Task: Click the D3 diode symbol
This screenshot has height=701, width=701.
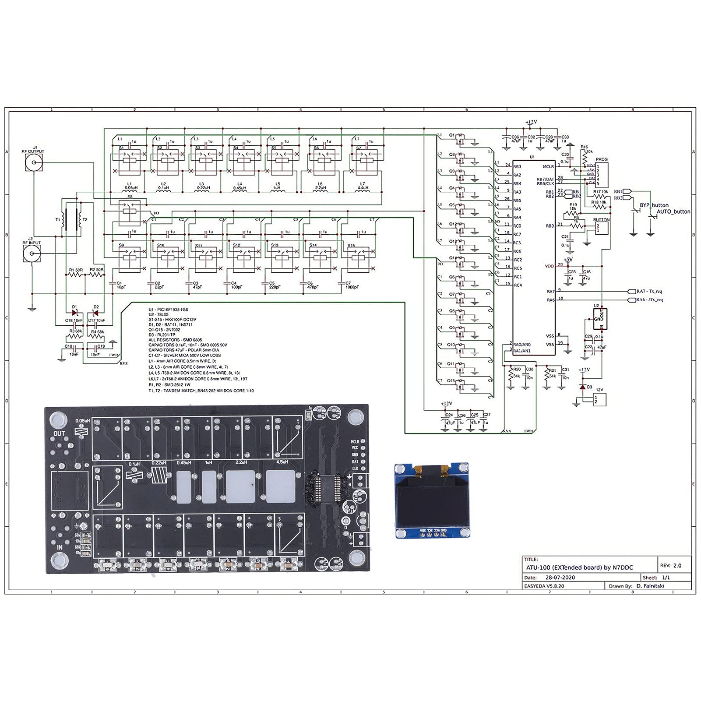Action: click(x=582, y=387)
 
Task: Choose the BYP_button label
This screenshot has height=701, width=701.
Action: click(x=654, y=205)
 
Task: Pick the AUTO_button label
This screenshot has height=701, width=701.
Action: click(x=673, y=211)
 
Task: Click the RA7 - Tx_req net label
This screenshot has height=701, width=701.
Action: click(x=649, y=291)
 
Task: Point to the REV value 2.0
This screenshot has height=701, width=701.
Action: click(x=677, y=566)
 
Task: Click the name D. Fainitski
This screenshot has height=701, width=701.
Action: click(x=650, y=586)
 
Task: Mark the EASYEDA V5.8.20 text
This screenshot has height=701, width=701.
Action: click(x=544, y=586)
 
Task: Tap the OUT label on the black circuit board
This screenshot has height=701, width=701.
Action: click(x=59, y=433)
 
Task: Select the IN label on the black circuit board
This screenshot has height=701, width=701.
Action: click(x=60, y=547)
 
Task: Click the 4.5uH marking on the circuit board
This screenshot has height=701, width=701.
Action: click(x=282, y=462)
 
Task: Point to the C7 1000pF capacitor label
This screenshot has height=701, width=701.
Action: click(x=352, y=285)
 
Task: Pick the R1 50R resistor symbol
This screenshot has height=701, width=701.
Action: click(x=75, y=275)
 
